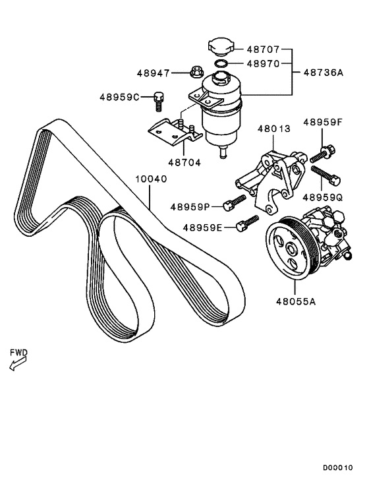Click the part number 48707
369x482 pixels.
click(x=264, y=49)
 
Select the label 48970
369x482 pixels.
click(x=264, y=64)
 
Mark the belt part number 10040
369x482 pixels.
click(x=152, y=179)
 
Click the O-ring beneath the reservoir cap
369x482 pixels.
click(x=222, y=65)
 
